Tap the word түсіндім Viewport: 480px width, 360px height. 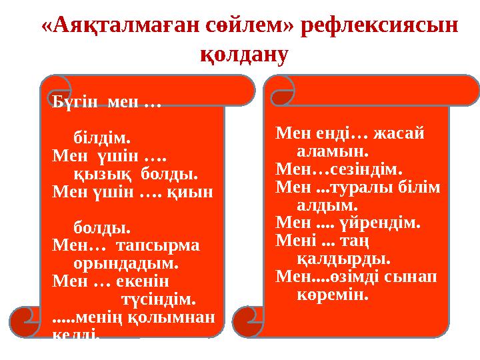[x=158, y=297]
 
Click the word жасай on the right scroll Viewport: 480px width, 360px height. [x=399, y=132]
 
